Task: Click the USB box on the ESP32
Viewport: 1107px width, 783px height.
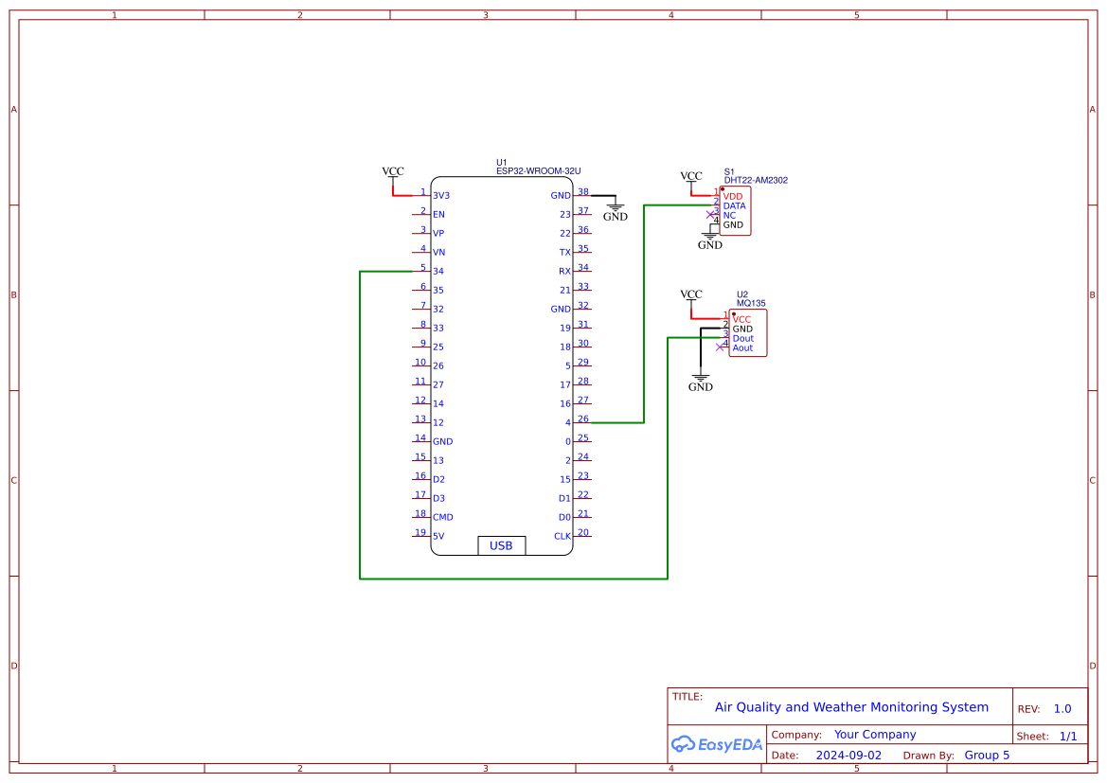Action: pyautogui.click(x=501, y=545)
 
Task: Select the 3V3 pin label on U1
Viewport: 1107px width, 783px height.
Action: pyautogui.click(x=441, y=196)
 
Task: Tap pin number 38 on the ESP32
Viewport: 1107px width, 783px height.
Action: pyautogui.click(x=583, y=191)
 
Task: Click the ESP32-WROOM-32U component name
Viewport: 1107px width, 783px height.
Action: pyautogui.click(x=538, y=171)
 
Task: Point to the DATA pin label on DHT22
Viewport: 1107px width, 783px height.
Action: pyautogui.click(x=734, y=205)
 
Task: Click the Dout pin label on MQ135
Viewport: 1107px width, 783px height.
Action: pyautogui.click(x=743, y=338)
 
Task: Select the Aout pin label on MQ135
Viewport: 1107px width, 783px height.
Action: pyautogui.click(x=743, y=348)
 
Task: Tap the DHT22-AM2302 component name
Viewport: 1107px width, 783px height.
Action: pyautogui.click(x=756, y=180)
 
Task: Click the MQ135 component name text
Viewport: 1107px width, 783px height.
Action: pyautogui.click(x=751, y=304)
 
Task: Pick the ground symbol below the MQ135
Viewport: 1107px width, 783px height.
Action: pyautogui.click(x=701, y=382)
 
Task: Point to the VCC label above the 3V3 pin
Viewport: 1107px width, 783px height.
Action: pyautogui.click(x=393, y=171)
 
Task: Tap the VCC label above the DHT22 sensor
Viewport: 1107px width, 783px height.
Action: pyautogui.click(x=691, y=176)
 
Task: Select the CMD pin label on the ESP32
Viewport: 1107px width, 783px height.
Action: pyautogui.click(x=443, y=517)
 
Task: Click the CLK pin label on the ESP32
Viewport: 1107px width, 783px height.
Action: pyautogui.click(x=562, y=536)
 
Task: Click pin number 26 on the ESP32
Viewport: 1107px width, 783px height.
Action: pyautogui.click(x=583, y=418)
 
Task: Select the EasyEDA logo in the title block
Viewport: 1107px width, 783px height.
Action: pyautogui.click(x=716, y=744)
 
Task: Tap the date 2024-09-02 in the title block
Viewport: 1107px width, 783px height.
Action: pyautogui.click(x=848, y=756)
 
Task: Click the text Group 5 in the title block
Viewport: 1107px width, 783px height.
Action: pyautogui.click(x=987, y=756)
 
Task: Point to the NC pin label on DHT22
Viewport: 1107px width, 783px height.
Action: pyautogui.click(x=729, y=216)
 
